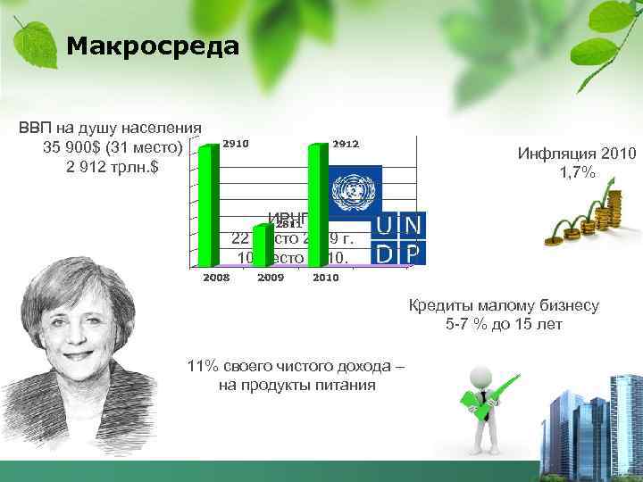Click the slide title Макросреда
tap(153, 46)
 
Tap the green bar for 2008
tap(208, 205)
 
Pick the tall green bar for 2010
tap(317, 205)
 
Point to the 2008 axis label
tap(217, 278)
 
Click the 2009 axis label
tap(271, 278)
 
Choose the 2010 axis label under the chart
tap(325, 278)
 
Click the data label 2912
tap(346, 144)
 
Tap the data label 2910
tap(236, 143)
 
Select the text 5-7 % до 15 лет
tap(504, 324)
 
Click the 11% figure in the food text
tap(203, 367)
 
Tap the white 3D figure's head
tap(483, 374)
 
